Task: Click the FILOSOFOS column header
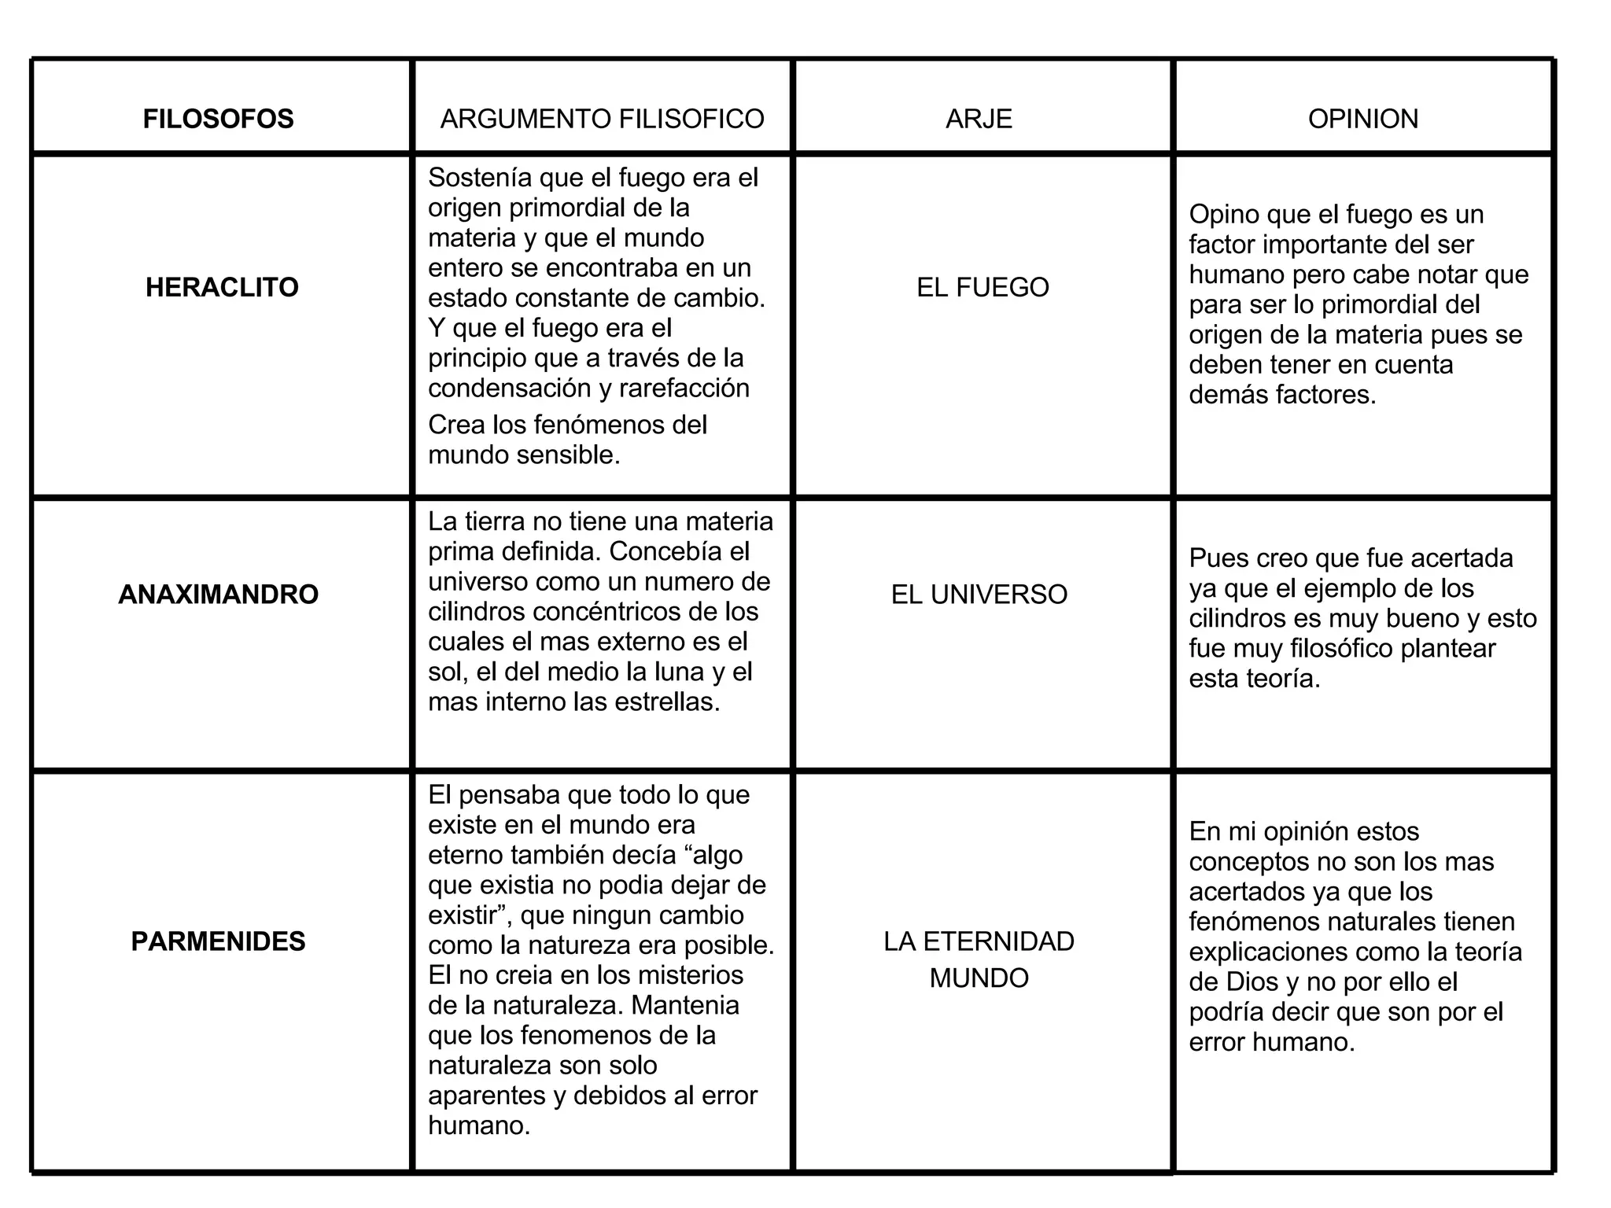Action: click(218, 119)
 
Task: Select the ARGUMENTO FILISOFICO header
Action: click(602, 119)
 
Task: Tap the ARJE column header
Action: click(979, 119)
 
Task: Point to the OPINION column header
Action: click(1362, 119)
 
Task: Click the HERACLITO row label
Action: click(222, 287)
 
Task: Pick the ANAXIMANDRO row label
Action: click(218, 595)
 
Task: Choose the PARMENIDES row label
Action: click(218, 941)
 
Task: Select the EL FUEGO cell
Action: click(982, 287)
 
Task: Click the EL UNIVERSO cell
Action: click(979, 595)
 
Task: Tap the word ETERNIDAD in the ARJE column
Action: click(998, 941)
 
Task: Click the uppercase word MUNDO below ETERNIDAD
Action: click(979, 978)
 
